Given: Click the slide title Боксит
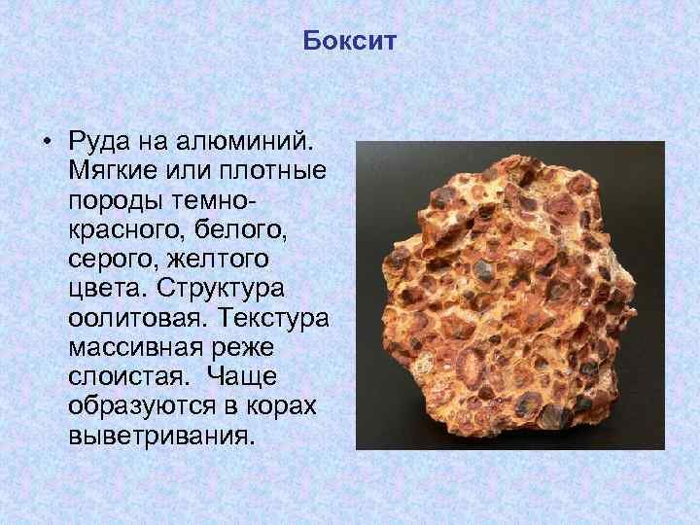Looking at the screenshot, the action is click(350, 41).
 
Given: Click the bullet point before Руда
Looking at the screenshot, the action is click(48, 142).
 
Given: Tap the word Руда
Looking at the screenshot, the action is click(99, 142).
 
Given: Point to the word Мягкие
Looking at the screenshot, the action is click(113, 170).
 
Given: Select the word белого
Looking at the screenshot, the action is click(241, 229).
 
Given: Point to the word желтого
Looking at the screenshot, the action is click(218, 259).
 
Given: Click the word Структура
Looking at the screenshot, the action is click(221, 289).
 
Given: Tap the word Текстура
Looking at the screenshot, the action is click(273, 318).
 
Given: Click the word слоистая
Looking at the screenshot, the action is click(126, 377).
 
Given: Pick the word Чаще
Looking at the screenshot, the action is click(241, 377).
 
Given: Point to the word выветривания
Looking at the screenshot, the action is click(161, 436).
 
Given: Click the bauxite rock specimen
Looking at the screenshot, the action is click(508, 295).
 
